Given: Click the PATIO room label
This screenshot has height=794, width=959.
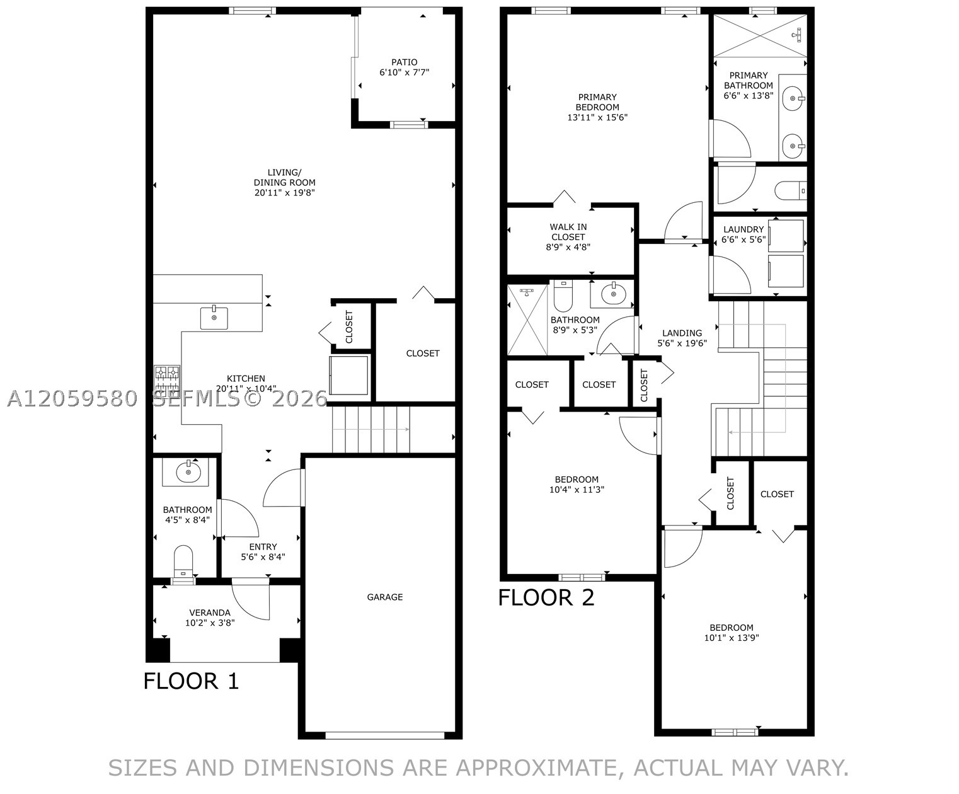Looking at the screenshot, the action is (x=404, y=62).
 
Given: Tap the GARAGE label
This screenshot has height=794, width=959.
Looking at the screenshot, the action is (x=385, y=597).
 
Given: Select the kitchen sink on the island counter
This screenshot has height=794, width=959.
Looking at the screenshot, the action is (x=214, y=318).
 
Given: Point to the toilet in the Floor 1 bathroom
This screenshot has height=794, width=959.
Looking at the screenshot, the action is (x=183, y=561).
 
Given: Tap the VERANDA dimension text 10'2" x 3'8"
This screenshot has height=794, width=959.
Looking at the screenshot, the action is (x=210, y=623).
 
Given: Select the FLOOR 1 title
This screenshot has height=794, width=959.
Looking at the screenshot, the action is (x=191, y=681).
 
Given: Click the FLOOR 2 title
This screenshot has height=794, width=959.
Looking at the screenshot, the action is (x=546, y=598).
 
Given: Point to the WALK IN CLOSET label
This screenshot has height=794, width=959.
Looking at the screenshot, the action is (x=568, y=232).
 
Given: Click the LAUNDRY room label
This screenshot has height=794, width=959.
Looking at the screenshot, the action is (x=744, y=229).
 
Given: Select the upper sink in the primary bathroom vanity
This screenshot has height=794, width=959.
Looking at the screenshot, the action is (x=794, y=99).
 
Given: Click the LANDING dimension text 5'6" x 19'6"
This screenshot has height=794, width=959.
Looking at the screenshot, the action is (x=682, y=343).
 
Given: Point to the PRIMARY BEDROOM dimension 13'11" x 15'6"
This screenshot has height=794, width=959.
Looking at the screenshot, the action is (x=597, y=117).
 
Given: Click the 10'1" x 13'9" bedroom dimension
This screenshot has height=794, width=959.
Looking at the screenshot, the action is (x=732, y=638).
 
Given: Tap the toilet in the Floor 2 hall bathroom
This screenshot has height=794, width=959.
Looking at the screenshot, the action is (x=563, y=296).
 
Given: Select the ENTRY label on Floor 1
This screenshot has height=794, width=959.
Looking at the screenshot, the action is (x=263, y=547).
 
